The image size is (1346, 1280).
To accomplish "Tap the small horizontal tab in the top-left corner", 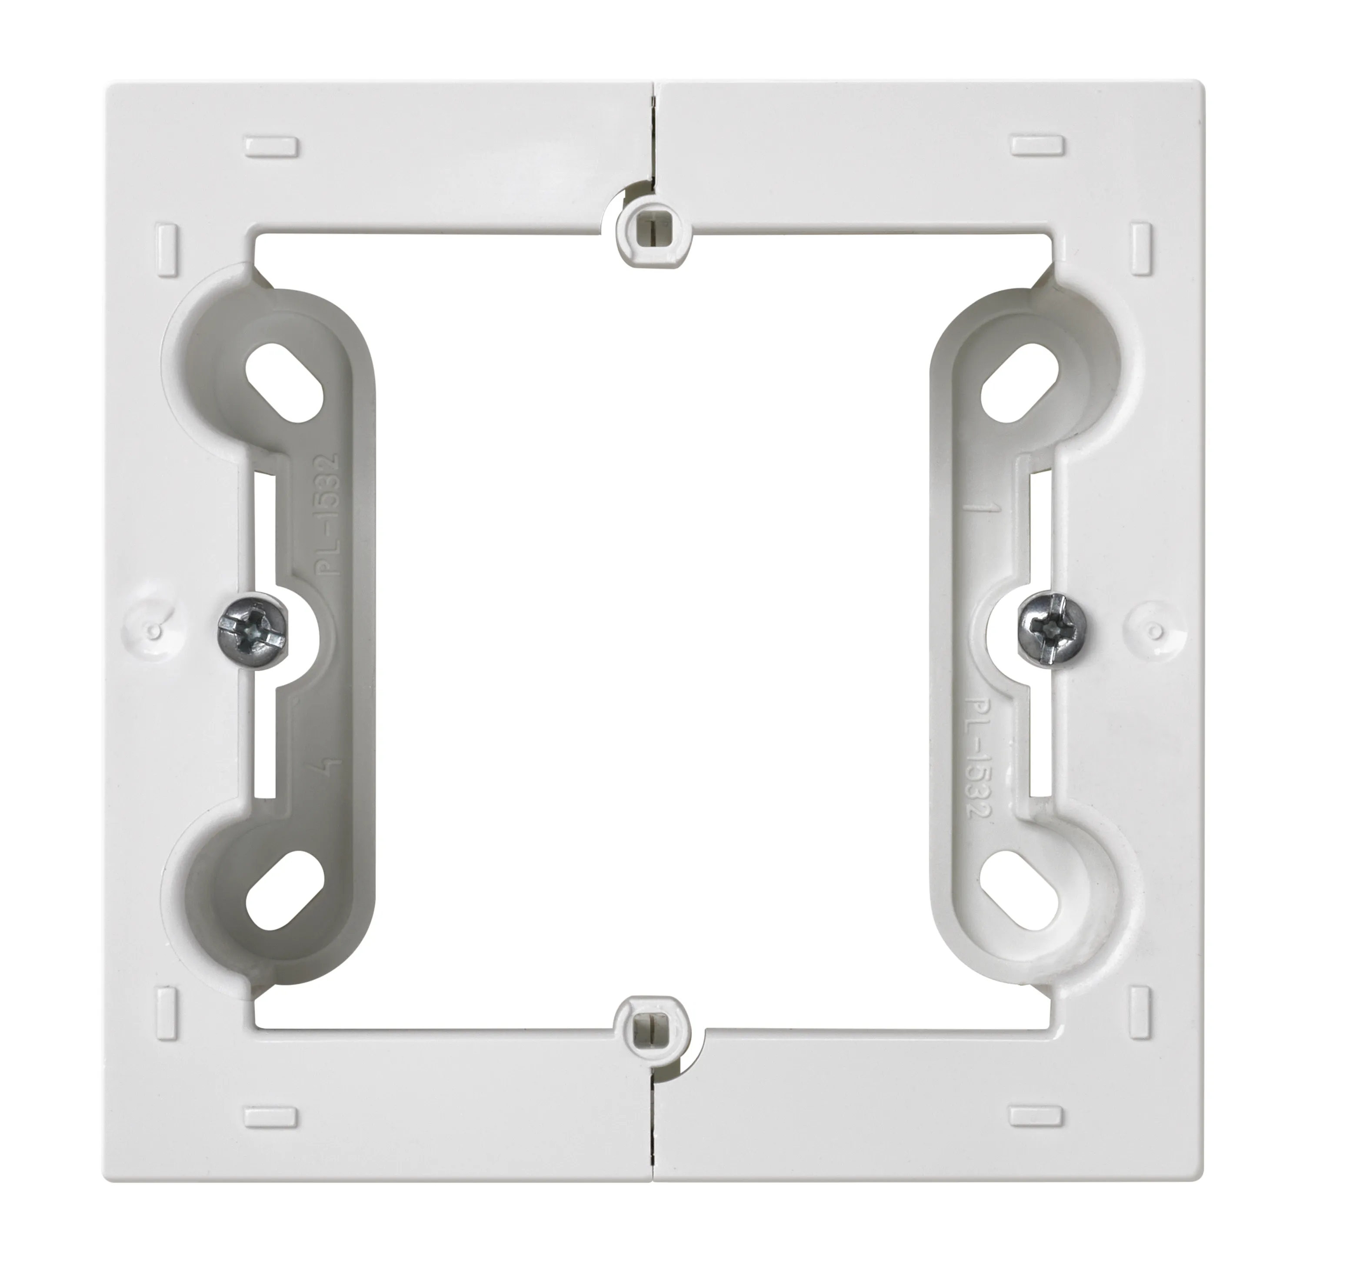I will click(x=271, y=146).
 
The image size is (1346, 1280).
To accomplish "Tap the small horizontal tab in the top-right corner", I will click(x=1037, y=145).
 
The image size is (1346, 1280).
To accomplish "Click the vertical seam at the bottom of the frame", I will click(x=653, y=1126).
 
